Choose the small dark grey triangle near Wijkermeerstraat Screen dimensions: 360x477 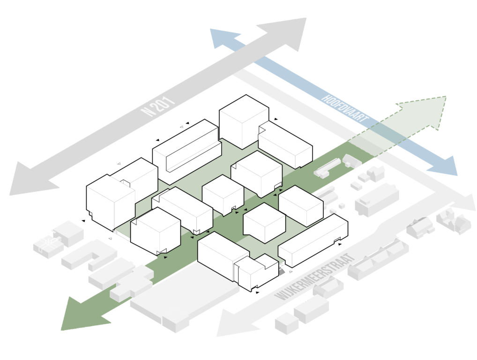282,270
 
